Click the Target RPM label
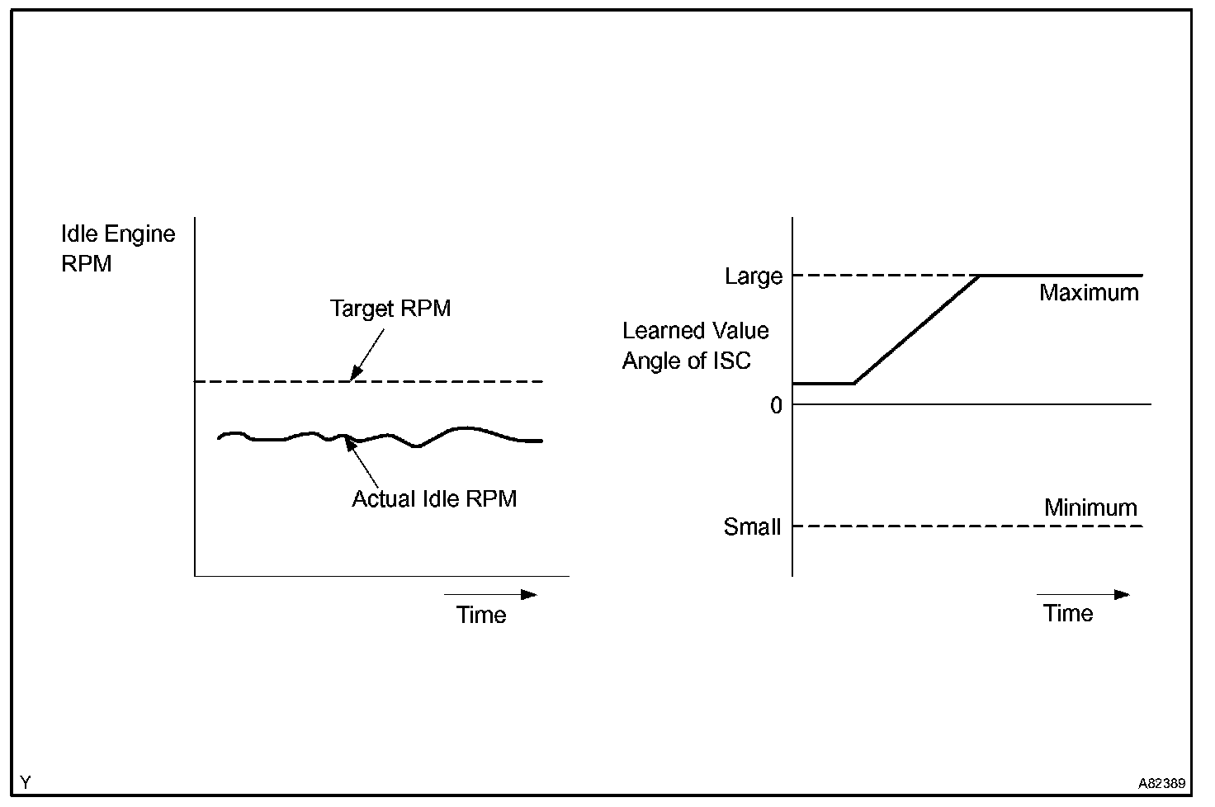pos(390,309)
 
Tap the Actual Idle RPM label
pos(434,498)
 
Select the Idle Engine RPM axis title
pos(118,248)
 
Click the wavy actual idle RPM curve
pos(462,429)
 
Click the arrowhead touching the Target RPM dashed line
pos(354,375)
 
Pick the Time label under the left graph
pos(481,615)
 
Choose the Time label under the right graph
pos(1067,613)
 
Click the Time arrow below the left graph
pos(490,594)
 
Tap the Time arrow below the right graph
pos(1082,594)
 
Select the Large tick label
pos(753,276)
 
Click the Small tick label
pos(751,526)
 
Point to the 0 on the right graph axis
pos(776,405)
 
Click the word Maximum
pos(1089,293)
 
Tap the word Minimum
pos(1090,507)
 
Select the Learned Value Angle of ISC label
pos(695,346)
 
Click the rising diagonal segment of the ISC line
pos(916,329)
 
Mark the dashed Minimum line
pos(966,526)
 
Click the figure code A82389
pos(1162,783)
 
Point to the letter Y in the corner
pos(26,782)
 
